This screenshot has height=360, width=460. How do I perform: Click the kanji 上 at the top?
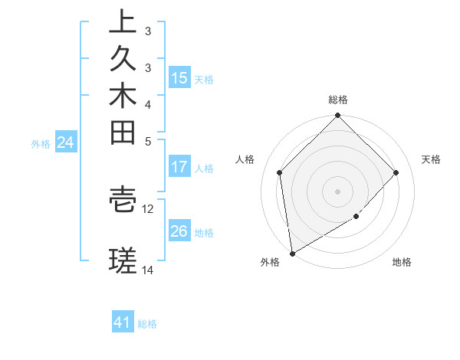pos(123,21)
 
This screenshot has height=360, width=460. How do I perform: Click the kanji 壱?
pos(123,199)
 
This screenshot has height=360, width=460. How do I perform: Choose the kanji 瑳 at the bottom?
pos(123,262)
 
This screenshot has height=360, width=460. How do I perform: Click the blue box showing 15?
pos(179,78)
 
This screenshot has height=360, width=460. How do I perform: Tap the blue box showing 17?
pos(179,167)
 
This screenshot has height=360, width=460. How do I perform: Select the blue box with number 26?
pos(179,232)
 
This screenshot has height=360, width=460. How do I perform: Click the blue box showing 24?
pos(66,142)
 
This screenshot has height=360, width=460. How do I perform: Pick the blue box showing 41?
pos(123,322)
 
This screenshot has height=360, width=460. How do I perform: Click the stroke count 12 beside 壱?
pos(148,208)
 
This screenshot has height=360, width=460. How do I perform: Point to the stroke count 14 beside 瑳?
pos(148,270)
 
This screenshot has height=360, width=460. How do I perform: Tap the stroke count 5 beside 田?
pos(148,141)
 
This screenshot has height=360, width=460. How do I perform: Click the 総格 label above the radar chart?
pos(338,100)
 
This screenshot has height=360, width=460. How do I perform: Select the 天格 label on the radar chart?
pos(431,159)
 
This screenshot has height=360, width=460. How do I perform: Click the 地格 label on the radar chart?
pos(402,263)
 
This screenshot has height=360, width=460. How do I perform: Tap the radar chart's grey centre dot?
pos(338,191)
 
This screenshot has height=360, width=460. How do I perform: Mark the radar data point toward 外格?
pos(292,253)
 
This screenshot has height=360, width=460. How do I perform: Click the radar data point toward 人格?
pos(280,172)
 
